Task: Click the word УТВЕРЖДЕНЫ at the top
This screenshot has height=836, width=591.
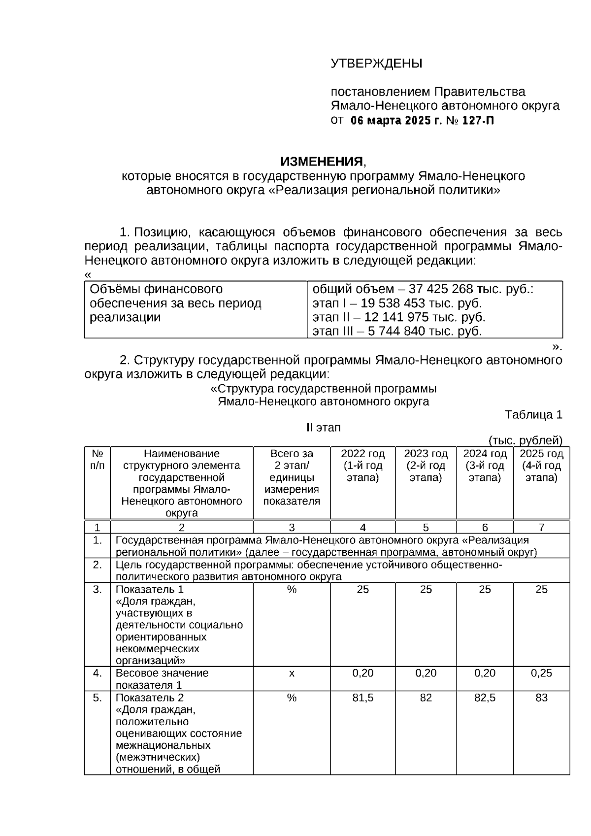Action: coord(376,64)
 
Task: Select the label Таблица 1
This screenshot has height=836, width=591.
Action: coord(533,415)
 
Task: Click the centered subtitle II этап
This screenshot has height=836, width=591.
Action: coord(324,428)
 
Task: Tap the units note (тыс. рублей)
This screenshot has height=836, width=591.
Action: coord(525,440)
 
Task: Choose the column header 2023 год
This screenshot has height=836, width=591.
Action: coord(426,454)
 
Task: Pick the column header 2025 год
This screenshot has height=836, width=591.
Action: coord(541,454)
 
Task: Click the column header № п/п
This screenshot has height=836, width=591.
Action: coord(98,459)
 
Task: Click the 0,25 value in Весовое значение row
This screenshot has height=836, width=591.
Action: coord(541,673)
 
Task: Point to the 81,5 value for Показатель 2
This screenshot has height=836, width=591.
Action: coord(362,698)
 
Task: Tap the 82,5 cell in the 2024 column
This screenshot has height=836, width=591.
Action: coord(485,698)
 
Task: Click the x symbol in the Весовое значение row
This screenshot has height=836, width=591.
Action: coord(292,673)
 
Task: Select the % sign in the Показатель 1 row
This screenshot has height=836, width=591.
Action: coord(292,589)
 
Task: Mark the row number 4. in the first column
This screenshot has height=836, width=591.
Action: coord(98,673)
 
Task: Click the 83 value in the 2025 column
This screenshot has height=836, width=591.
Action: coord(541,698)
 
